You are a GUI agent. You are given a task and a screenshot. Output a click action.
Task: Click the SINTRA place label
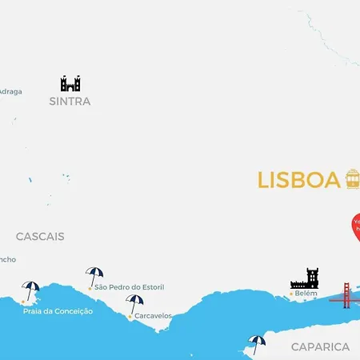(x=70, y=102)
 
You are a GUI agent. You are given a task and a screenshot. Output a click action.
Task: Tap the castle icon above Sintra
(x=70, y=83)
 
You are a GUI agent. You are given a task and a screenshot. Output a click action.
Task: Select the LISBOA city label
(x=298, y=180)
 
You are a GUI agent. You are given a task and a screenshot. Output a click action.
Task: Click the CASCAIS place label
(x=40, y=237)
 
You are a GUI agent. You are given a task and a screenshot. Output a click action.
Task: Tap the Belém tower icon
(x=304, y=278)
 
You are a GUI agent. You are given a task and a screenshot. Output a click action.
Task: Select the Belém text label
(x=306, y=294)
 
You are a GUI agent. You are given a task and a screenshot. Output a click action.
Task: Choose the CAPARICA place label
(x=320, y=346)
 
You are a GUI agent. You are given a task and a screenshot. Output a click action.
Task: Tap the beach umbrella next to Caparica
(x=257, y=342)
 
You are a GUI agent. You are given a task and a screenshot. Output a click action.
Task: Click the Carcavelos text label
(x=153, y=316)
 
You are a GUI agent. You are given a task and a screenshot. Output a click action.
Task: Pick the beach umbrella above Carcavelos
(x=134, y=302)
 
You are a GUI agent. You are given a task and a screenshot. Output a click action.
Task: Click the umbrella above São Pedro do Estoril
(x=94, y=274)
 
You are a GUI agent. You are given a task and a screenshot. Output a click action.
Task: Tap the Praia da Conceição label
(x=58, y=310)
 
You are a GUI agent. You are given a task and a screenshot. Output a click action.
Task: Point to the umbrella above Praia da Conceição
(x=30, y=290)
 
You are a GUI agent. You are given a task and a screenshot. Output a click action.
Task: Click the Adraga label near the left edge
(x=10, y=91)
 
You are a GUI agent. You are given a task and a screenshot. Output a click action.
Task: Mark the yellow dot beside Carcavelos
(x=130, y=316)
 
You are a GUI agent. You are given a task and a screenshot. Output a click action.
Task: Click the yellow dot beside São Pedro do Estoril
(x=90, y=287)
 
